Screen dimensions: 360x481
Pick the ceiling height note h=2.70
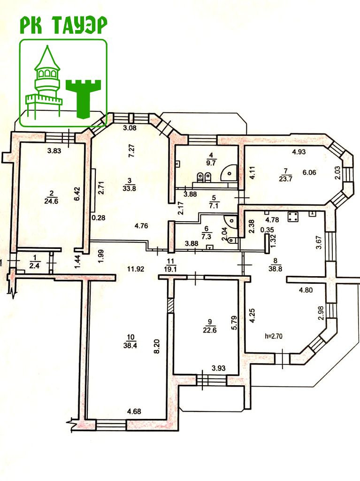275,336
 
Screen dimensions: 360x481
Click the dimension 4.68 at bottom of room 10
134,412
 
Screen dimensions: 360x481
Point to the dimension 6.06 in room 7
310,172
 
